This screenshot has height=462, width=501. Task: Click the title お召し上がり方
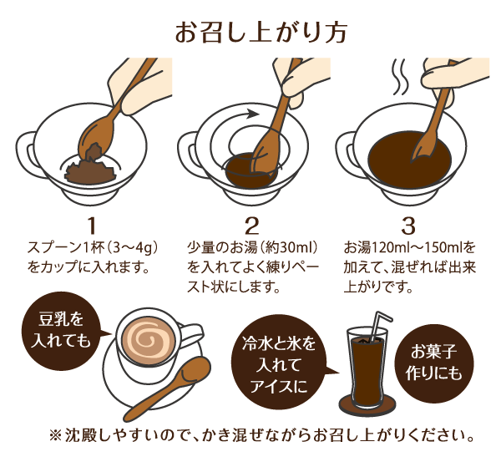(261, 33)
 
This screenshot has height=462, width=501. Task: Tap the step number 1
(92, 226)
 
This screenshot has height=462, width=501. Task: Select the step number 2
(252, 226)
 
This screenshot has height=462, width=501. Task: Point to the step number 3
(408, 226)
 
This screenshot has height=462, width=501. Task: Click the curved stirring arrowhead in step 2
(253, 114)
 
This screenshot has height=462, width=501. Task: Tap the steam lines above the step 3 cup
(400, 77)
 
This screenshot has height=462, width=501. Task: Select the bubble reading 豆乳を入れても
(61, 332)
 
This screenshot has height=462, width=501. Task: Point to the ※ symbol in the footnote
(55, 435)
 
